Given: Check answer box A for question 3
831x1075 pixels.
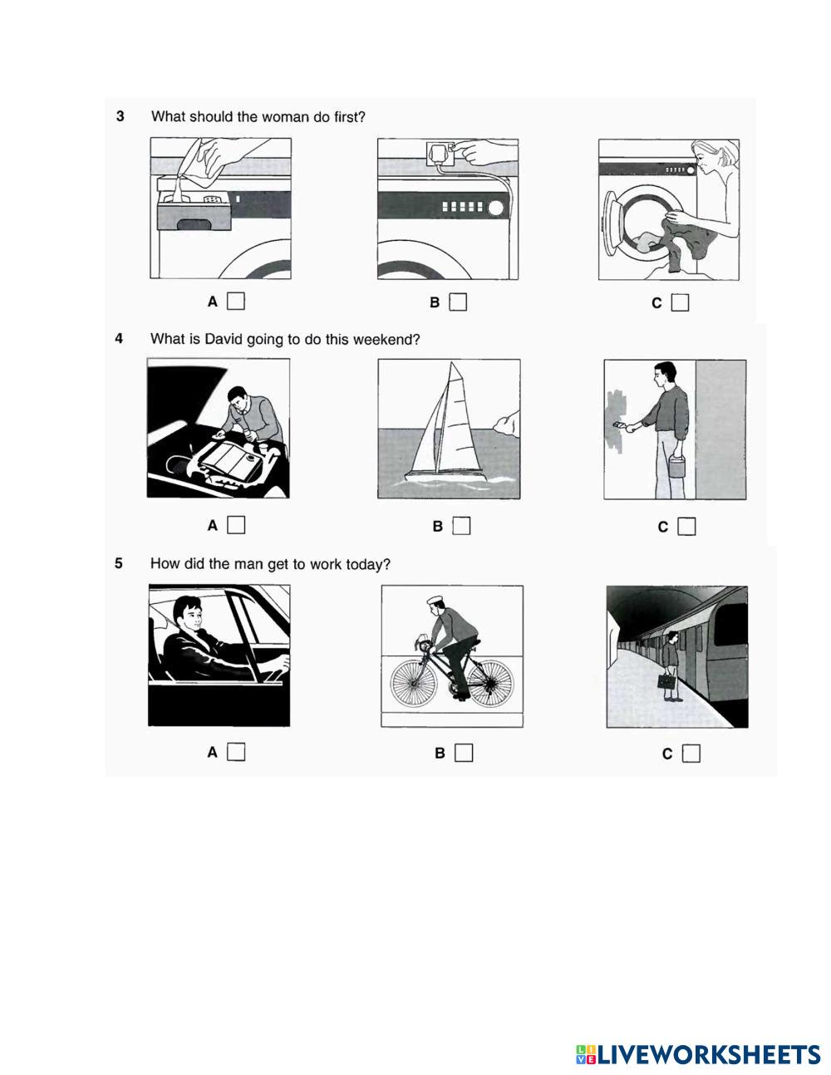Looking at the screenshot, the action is (236, 301).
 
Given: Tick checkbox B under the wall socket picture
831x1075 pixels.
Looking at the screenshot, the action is (458, 302).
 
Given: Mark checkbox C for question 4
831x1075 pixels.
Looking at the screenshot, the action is (686, 527).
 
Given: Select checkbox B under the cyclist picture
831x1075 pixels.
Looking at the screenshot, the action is (464, 753).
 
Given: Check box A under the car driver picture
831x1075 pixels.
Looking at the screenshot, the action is (236, 752).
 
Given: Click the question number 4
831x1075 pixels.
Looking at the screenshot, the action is (119, 338).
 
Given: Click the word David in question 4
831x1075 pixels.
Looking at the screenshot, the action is (223, 339).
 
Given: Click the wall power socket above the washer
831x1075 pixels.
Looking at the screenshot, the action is (440, 154).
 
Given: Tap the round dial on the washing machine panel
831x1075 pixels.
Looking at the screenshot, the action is (495, 208).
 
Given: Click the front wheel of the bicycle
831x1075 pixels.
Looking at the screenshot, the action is (414, 685).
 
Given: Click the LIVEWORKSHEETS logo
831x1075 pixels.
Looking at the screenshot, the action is (698, 1054).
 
